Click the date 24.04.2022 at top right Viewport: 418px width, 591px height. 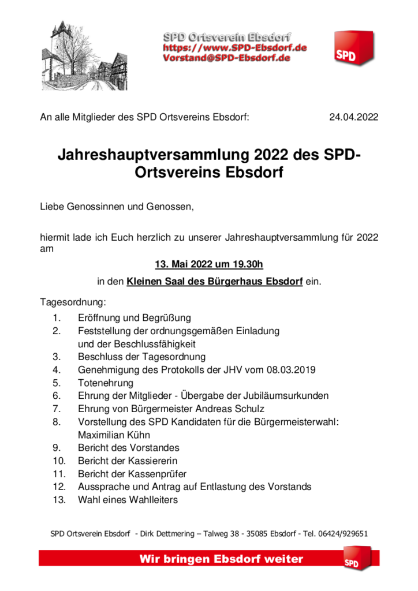click(x=353, y=117)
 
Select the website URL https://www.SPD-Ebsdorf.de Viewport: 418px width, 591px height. click(x=234, y=47)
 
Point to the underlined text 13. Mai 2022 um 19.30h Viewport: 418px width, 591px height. click(x=209, y=265)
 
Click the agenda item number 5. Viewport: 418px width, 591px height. click(x=56, y=383)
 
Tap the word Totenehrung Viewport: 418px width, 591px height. click(x=106, y=383)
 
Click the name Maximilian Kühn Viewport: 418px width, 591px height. click(x=117, y=435)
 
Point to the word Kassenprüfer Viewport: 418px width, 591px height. click(x=159, y=474)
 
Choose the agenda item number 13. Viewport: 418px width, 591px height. click(x=59, y=500)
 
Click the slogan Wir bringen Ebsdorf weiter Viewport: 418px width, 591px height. click(x=221, y=559)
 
